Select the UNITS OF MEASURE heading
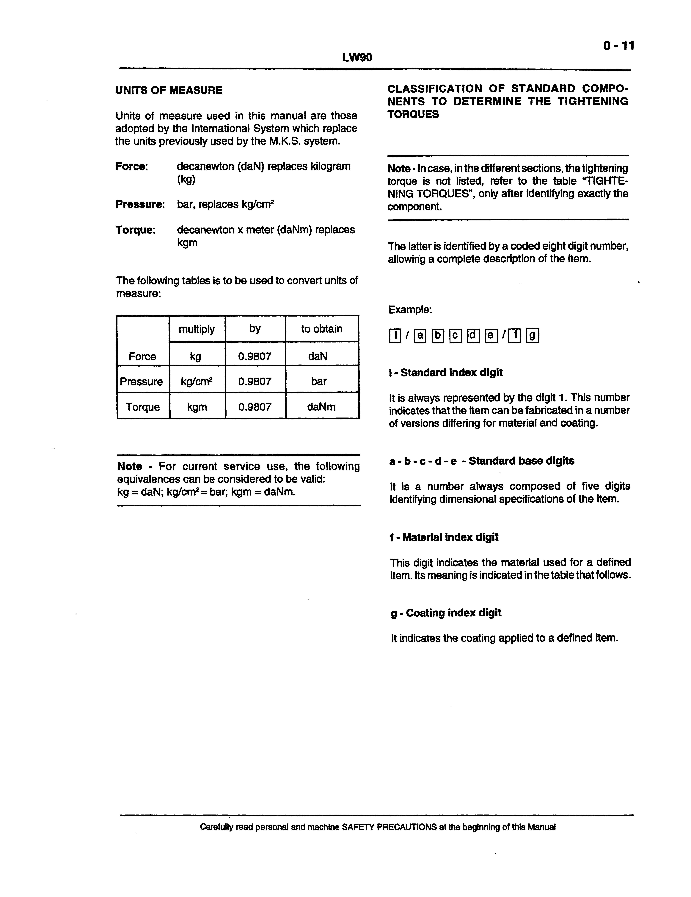[x=169, y=90]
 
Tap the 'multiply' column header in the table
[x=197, y=329]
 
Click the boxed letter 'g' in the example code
[x=532, y=336]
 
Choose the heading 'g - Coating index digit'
[x=446, y=613]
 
